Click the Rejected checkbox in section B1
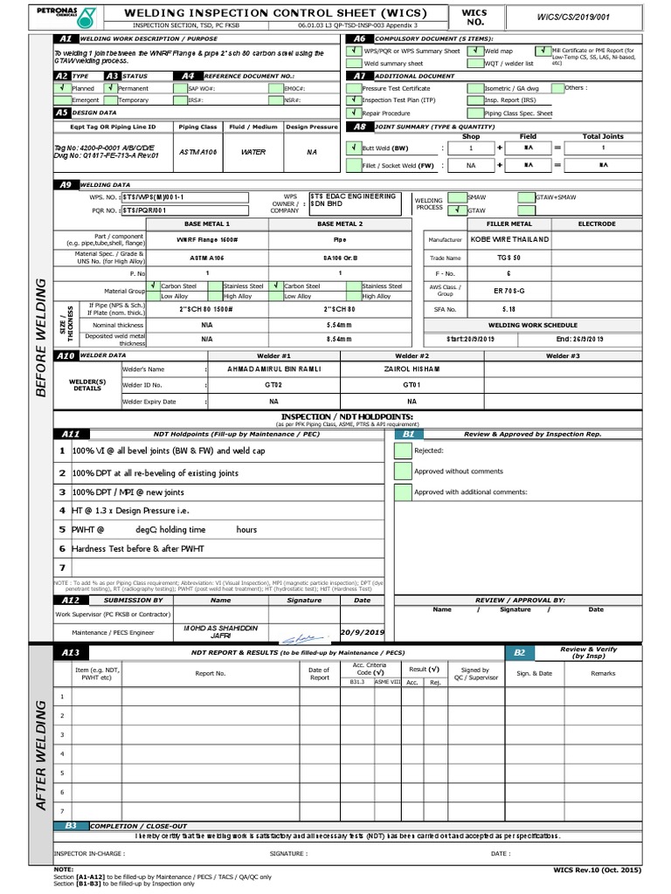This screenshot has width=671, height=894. tap(402, 451)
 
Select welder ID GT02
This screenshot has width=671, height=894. tap(273, 384)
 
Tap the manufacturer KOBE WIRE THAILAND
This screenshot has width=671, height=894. tap(511, 238)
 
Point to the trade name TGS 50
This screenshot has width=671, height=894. tap(509, 258)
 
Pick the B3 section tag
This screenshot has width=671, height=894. tap(72, 825)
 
